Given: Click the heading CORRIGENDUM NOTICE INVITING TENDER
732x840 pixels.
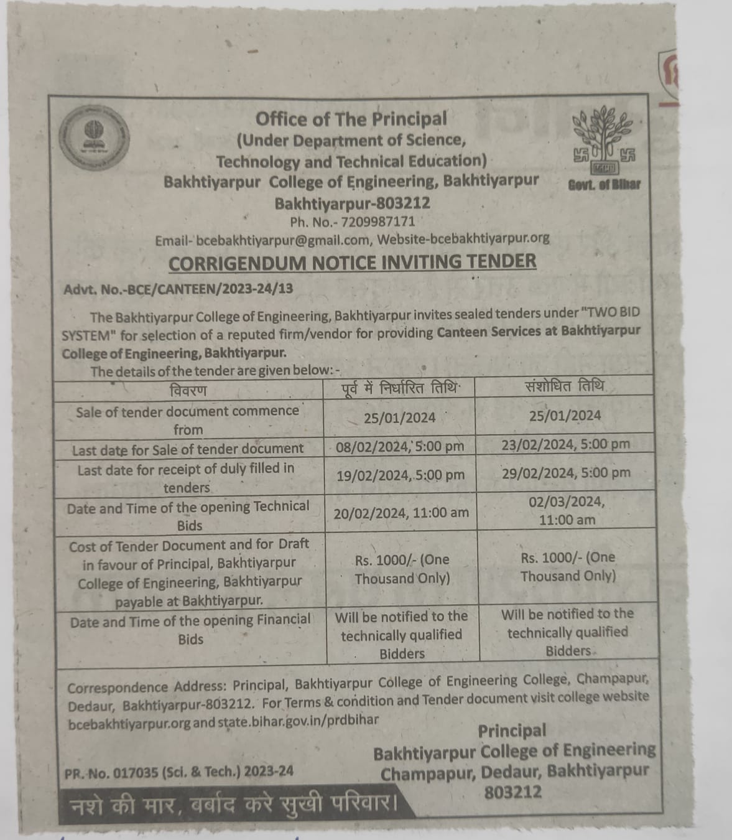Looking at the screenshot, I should click(x=352, y=262).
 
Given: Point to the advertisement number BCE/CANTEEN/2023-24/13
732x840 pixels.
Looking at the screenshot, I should click(x=178, y=289).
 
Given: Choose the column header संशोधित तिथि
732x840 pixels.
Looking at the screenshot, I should click(x=565, y=386).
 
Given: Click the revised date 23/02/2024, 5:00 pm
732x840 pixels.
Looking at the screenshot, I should click(x=565, y=444).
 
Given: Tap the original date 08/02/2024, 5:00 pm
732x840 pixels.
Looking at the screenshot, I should click(x=400, y=446).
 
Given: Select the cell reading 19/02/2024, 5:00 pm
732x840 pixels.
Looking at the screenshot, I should click(x=401, y=475).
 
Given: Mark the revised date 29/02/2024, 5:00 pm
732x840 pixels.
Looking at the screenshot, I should click(x=566, y=473).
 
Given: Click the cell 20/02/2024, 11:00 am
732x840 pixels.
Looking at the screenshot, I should click(x=401, y=513).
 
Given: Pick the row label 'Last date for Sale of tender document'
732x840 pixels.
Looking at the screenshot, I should click(x=188, y=449).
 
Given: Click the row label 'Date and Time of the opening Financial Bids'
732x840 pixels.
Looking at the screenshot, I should click(x=190, y=630).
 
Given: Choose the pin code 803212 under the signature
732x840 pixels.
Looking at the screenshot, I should click(x=513, y=792).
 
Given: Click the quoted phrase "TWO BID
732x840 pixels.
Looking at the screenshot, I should click(x=600, y=312).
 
